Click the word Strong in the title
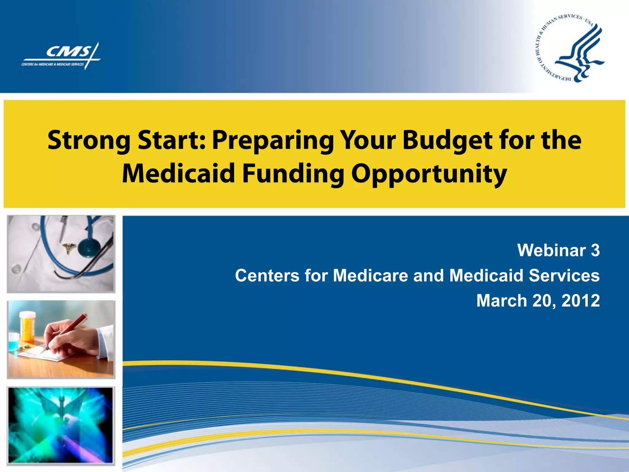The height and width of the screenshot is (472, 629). point(89,141)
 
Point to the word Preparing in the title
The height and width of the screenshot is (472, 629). point(273,141)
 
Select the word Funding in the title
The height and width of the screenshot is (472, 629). point(293,174)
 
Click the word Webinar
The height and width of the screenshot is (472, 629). point(551,250)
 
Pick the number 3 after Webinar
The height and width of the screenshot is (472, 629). point(595,250)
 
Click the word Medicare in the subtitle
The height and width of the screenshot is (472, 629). point(370,275)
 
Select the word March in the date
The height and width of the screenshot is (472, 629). point(502,301)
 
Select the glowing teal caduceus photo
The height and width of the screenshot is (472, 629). point(61,425)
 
